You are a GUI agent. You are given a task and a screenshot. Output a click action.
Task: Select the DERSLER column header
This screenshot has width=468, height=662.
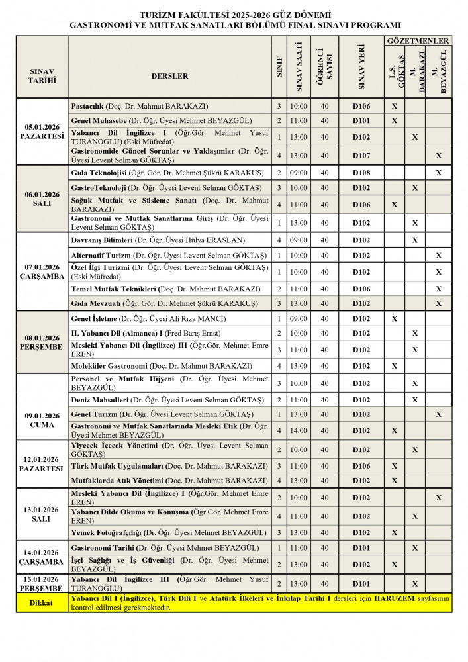pyautogui.click(x=169, y=76)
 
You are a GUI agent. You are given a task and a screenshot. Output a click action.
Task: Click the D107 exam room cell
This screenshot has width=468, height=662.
pyautogui.click(x=361, y=156)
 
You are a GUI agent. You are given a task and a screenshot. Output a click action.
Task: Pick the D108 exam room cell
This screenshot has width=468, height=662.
pyautogui.click(x=361, y=173)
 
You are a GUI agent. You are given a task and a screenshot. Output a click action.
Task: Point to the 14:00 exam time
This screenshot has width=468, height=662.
pyautogui.click(x=299, y=430)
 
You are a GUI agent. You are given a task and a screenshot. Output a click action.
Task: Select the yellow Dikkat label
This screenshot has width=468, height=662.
pyautogui.click(x=42, y=603)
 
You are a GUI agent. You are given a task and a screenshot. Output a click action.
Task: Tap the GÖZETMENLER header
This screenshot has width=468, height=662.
pyautogui.click(x=418, y=41)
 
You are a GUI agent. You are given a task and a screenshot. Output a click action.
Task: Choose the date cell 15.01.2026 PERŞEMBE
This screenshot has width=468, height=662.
pyautogui.click(x=42, y=583)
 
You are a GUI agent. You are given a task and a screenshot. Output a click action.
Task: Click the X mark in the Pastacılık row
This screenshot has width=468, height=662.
pyautogui.click(x=395, y=106)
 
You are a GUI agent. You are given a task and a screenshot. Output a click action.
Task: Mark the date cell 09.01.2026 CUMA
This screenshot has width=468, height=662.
pyautogui.click(x=42, y=420)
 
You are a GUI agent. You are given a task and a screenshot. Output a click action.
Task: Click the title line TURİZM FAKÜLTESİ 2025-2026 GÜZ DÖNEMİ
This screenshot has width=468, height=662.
pyautogui.click(x=234, y=14)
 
